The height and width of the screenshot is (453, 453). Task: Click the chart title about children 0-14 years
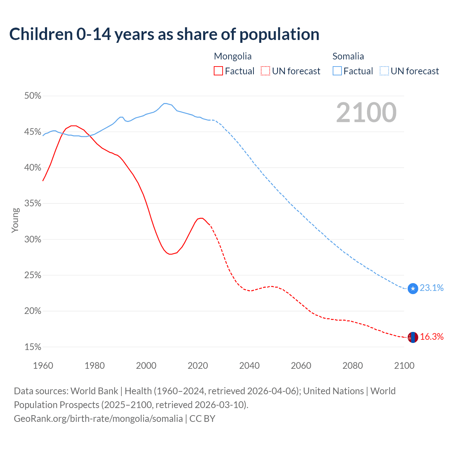point(164,34)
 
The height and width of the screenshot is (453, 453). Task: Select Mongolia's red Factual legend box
point(218,71)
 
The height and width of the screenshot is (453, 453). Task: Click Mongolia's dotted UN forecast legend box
point(265,71)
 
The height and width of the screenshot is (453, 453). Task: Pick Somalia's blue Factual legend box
point(337,71)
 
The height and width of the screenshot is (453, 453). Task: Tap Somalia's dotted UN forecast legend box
point(384,71)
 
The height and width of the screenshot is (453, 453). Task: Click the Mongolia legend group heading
point(233,56)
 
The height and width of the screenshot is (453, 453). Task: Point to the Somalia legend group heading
point(348,56)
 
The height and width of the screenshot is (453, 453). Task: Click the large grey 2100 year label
point(366,113)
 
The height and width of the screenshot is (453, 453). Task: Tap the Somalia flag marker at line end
point(413,288)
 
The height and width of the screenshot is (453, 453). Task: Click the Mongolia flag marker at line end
point(413,337)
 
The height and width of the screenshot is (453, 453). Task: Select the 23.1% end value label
point(431,288)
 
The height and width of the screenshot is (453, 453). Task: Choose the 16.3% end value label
point(431,337)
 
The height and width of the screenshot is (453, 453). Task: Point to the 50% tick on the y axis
point(33,96)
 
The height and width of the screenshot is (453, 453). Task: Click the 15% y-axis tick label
point(33,347)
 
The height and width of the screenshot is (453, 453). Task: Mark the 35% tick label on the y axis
point(33,203)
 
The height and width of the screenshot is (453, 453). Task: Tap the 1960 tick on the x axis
point(43,366)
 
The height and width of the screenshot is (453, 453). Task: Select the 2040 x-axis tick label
point(249,366)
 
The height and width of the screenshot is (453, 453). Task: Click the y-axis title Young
point(15,220)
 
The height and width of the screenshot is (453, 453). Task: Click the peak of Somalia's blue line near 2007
point(165,103)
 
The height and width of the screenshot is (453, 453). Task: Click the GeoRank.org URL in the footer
point(98,419)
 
